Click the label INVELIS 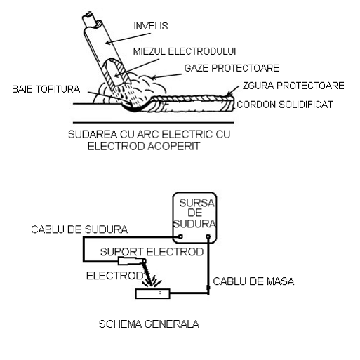coord(151,26)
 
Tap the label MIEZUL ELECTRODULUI coord(185,51)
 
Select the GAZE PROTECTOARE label coord(232,68)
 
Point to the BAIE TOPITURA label coord(46,89)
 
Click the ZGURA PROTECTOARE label coord(293,86)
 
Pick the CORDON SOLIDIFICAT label coord(285,105)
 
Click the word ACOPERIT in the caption coord(174,147)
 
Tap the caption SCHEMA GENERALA coord(149,324)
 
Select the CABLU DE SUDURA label coord(79,229)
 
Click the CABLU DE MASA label coord(253,281)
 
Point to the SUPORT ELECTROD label coord(152,252)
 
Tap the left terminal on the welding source coord(180,236)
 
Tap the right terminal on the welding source coord(208,236)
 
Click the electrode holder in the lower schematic coord(131,261)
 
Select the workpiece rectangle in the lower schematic coord(153,293)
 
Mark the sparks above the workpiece coord(152,281)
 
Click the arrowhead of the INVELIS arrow coord(107,43)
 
